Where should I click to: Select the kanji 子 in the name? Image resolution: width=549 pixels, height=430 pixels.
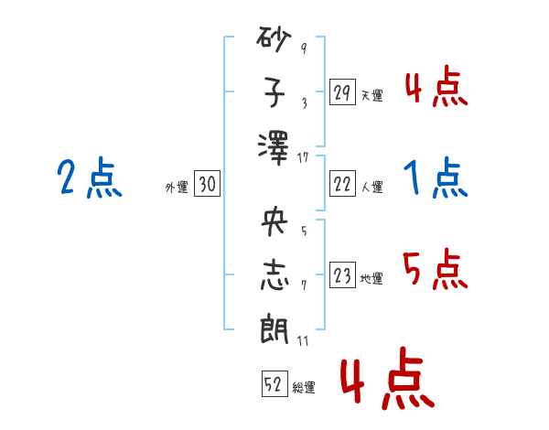[x=274, y=92]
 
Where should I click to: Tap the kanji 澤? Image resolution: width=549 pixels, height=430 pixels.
[x=274, y=144]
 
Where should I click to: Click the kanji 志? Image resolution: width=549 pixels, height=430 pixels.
[x=274, y=277]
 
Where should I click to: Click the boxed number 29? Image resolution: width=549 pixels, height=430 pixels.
[x=341, y=93]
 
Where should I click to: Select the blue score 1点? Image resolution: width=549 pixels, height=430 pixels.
[x=436, y=178]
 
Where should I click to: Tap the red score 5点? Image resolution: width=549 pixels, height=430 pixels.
[x=436, y=271]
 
